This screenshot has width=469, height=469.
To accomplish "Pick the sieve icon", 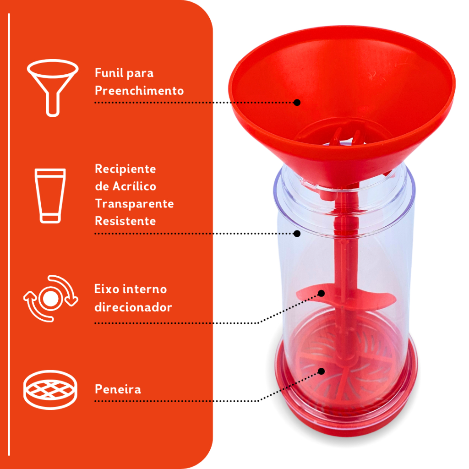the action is (x=50, y=389).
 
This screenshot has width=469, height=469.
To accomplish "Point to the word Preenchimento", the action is (x=139, y=90).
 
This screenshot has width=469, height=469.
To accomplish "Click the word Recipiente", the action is (x=125, y=169).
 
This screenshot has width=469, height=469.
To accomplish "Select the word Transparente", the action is (x=134, y=204).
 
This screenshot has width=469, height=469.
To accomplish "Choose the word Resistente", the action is (x=125, y=221).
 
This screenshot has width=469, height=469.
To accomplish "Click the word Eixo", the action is (x=106, y=289).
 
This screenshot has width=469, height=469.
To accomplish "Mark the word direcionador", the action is (x=133, y=307).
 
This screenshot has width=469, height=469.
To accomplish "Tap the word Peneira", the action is (x=118, y=389).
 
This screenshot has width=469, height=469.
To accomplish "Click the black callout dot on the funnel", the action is (x=297, y=103).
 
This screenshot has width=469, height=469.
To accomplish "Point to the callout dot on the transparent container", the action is (x=297, y=234).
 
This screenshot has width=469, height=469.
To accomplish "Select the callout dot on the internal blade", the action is (x=321, y=293).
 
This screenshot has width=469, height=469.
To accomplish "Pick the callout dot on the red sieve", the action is (x=321, y=371).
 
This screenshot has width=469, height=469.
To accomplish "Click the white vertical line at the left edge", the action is (x=9, y=234).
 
